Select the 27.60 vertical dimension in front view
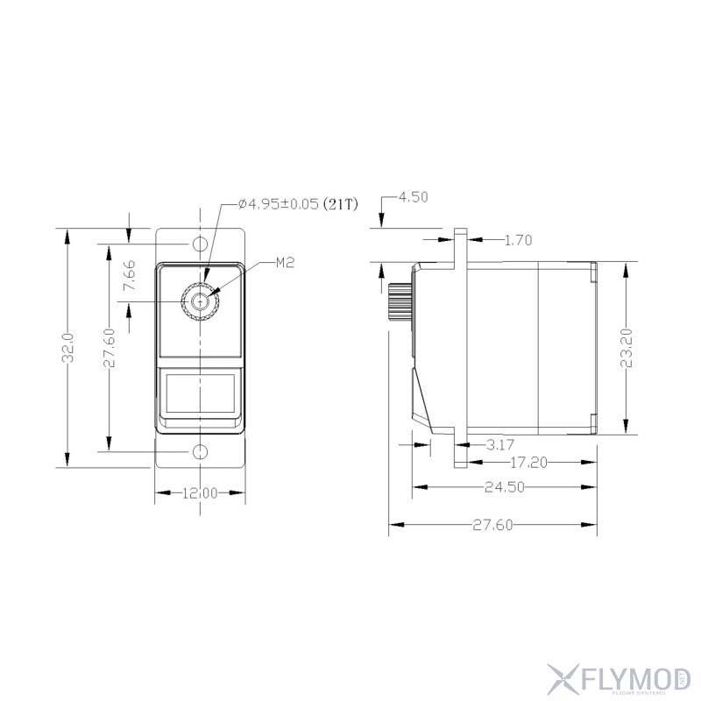pyautogui.click(x=109, y=348)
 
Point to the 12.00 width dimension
pyautogui.click(x=200, y=493)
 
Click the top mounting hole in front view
pyautogui.click(x=200, y=243)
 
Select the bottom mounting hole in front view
pyautogui.click(x=200, y=451)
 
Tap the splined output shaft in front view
pyautogui.click(x=200, y=302)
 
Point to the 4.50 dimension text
pyautogui.click(x=413, y=197)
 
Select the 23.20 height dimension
pyautogui.click(x=625, y=348)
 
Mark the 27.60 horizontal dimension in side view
pyautogui.click(x=493, y=524)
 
